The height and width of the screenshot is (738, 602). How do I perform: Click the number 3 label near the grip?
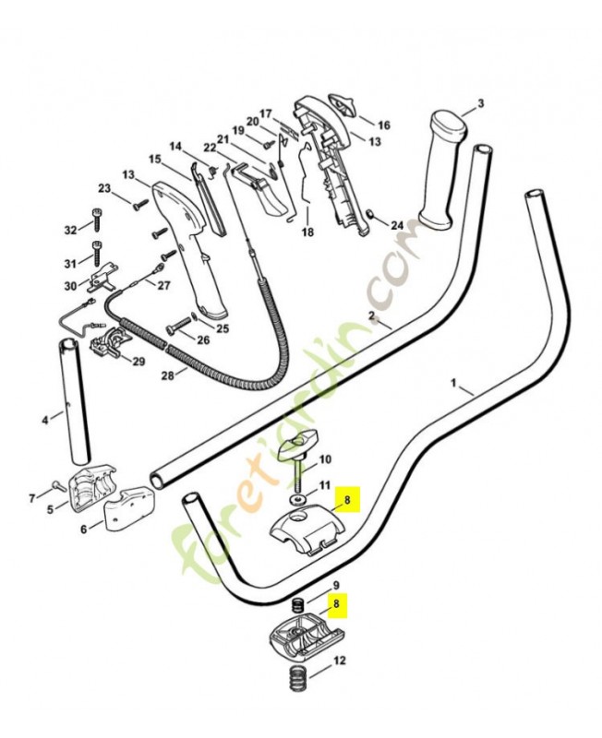tap(480, 103)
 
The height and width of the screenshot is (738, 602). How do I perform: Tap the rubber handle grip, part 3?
tap(441, 171)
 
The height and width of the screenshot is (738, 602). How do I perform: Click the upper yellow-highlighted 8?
tap(348, 501)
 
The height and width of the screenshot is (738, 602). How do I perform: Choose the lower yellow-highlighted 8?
tap(337, 606)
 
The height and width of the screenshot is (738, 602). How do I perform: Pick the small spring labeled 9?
tap(298, 606)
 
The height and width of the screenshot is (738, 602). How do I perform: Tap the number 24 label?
tap(397, 225)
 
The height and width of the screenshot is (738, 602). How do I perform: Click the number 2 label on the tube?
tap(372, 316)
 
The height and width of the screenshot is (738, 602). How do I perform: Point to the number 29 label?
tap(138, 361)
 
